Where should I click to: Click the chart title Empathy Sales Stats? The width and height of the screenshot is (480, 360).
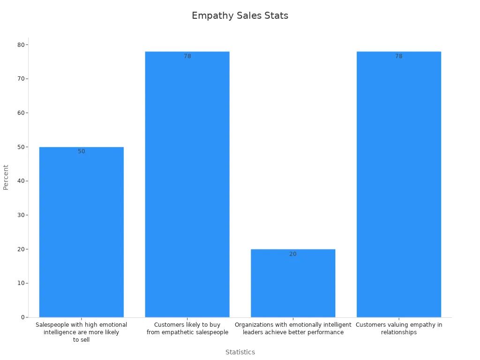pos(240,15)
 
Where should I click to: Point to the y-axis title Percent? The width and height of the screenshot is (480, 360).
pos(6,177)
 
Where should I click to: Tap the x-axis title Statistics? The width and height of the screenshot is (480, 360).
pos(240,352)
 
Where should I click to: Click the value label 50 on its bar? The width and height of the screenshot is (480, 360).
pos(82,151)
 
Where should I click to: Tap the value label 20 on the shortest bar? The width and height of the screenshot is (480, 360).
pos(293,254)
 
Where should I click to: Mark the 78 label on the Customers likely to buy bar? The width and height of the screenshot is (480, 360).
pos(187,56)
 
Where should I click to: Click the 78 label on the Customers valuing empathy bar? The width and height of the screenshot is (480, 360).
pos(399,56)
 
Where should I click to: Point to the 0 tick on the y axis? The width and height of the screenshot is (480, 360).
pos(22,317)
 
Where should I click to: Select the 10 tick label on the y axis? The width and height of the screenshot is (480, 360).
pos(21,283)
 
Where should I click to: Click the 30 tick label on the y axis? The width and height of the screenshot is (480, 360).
pos(21,215)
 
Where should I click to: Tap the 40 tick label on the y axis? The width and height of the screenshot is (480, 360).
pos(21,181)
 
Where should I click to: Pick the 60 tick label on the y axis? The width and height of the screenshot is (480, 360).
pos(21,113)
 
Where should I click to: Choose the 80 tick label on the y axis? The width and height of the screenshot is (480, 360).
pos(21,45)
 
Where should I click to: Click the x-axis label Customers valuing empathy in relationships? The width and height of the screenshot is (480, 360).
pos(399,329)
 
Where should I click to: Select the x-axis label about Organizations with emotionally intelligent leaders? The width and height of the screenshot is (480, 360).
pos(293,329)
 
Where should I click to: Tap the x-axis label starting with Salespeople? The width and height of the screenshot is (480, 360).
pos(82,332)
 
